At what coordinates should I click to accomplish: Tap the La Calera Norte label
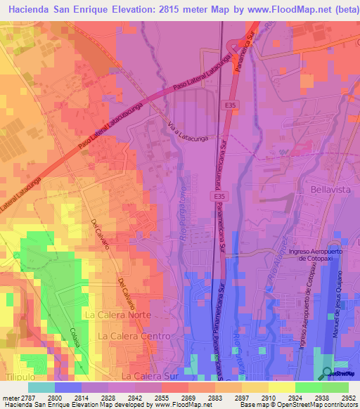[x=122, y=316]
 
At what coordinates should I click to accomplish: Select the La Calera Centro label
[x=134, y=337]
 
